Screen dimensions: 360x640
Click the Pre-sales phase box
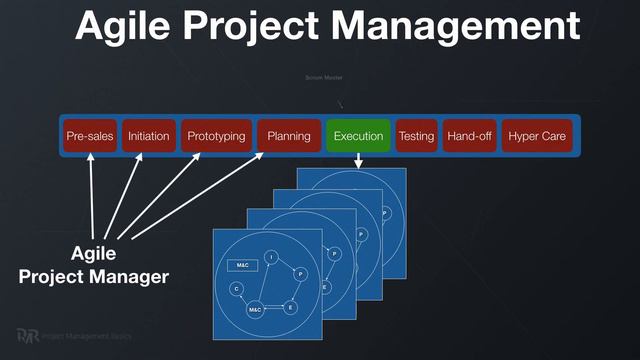coord(88,136)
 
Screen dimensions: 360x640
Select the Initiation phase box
coord(149,136)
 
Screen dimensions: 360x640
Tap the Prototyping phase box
coord(216,136)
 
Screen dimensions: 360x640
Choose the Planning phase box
coord(288,136)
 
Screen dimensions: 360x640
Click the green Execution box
coord(358,136)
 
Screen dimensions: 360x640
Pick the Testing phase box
coord(416,136)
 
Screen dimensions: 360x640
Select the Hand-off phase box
coord(469,136)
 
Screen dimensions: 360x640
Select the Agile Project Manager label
coord(93,264)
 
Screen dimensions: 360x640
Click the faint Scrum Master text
coord(324,77)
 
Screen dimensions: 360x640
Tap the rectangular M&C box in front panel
coord(243,265)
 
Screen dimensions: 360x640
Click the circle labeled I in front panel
coord(271,258)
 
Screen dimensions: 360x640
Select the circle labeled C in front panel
coord(236,289)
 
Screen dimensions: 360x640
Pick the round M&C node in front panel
coord(256,311)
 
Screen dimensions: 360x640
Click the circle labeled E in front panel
coord(291,308)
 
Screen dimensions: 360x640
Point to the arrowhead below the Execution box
coord(358,161)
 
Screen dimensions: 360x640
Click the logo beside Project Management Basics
coord(28,337)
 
